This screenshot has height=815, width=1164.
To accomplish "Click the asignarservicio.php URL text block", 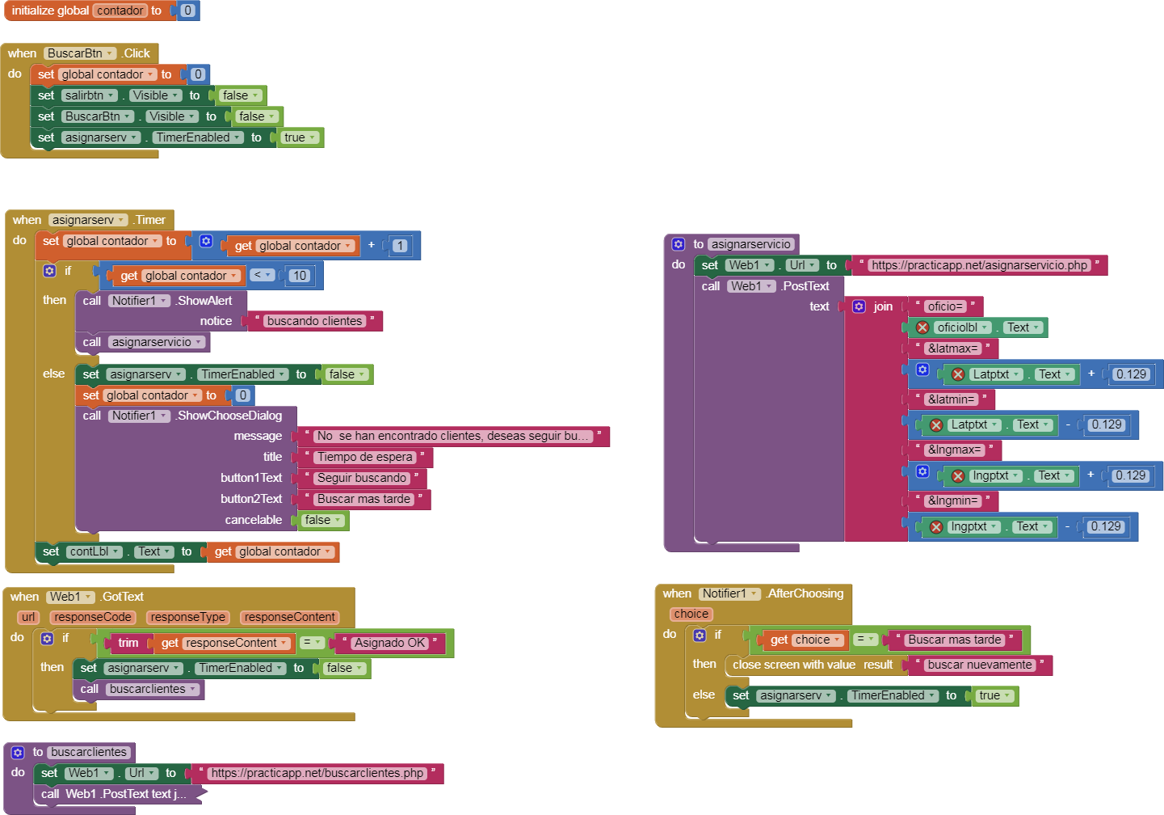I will pos(979,265).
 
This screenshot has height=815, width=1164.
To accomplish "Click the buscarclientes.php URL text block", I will pos(317,773).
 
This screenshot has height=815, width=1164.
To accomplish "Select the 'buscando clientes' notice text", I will pos(314,321).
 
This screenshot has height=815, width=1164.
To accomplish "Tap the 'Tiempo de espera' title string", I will pos(364,457).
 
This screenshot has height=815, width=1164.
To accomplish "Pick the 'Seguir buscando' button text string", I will pos(361,478).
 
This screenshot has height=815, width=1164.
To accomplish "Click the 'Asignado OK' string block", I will pos(389,643).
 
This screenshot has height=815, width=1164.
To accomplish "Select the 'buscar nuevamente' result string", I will pos(979,665).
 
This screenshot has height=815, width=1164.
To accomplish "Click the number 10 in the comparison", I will pos(299,276).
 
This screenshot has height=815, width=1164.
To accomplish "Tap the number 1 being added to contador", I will pos(400,246).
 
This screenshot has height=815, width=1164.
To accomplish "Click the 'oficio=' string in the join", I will pos(944,306).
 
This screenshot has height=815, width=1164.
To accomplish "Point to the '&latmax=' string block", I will pos(952,348).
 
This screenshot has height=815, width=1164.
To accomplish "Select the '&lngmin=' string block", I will pos(952,500).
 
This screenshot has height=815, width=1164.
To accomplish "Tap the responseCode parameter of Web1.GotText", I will pos(93,617).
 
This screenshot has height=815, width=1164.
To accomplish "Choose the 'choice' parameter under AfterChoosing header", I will pos(691,614).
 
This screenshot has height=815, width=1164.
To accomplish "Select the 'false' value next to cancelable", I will pos(322,520).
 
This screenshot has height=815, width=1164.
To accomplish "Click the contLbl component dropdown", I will pos(94,551).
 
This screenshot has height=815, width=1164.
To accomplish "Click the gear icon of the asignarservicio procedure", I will pos(679,244).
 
